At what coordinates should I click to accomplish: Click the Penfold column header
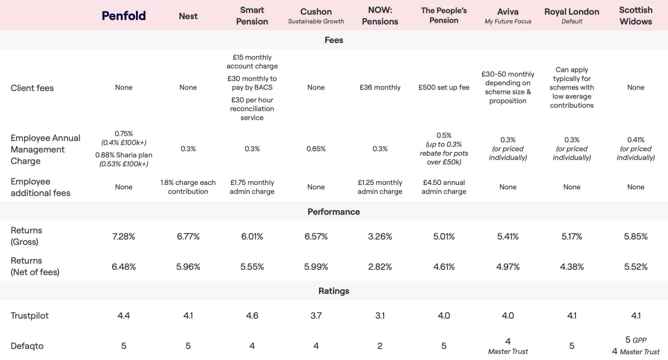(124, 16)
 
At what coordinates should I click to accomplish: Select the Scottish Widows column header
(636, 16)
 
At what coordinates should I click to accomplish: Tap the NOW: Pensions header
(380, 16)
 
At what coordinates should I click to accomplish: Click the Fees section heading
(334, 40)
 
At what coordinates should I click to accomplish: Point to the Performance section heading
(334, 212)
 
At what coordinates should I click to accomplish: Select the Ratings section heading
(334, 291)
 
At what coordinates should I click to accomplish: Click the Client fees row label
(32, 88)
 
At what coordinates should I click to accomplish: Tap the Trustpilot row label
(30, 315)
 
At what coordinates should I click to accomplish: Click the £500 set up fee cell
(444, 87)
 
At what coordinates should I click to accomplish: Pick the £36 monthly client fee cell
(380, 87)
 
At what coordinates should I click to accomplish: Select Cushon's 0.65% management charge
(316, 149)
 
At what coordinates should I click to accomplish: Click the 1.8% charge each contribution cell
(188, 187)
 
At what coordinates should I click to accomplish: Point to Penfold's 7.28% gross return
(124, 236)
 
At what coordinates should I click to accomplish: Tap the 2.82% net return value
(380, 267)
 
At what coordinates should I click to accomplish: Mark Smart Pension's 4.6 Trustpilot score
(252, 315)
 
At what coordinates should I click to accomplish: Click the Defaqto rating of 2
(380, 346)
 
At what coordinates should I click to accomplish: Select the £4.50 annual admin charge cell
(444, 187)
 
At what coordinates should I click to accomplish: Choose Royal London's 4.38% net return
(572, 267)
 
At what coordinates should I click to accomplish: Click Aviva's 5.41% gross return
(508, 236)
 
